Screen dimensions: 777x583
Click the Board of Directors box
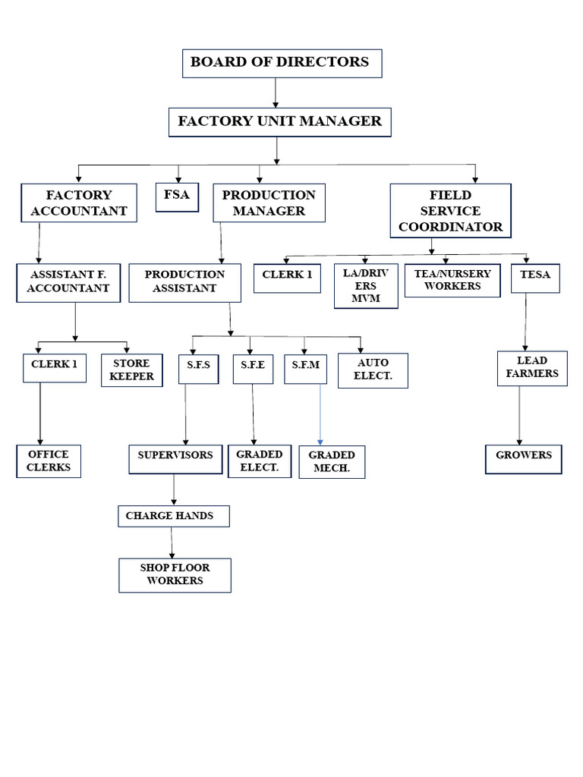pyautogui.click(x=282, y=63)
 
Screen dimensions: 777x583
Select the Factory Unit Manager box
pyautogui.click(x=279, y=121)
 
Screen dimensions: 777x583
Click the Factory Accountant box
pyautogui.click(x=79, y=203)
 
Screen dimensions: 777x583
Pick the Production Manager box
pyautogui.click(x=269, y=203)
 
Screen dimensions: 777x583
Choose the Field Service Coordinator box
pyautogui.click(x=450, y=211)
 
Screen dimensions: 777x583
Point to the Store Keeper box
pyautogui.click(x=131, y=370)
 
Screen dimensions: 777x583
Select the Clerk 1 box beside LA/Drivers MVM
pyautogui.click(x=287, y=277)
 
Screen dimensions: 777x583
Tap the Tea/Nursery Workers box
pyautogui.click(x=452, y=280)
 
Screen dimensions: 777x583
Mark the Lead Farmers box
pyautogui.click(x=531, y=368)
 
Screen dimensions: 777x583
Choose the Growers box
pyautogui.click(x=524, y=459)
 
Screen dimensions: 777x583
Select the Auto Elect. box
pyautogui.click(x=373, y=370)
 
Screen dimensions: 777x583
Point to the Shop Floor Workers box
pyautogui.click(x=175, y=574)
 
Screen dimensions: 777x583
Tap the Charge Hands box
pyautogui.click(x=173, y=516)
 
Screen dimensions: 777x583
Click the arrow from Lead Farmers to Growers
pyautogui.click(x=519, y=416)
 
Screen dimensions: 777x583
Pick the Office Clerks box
pyautogui.click(x=49, y=461)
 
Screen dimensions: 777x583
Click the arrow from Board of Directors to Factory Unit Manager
pyautogui.click(x=276, y=93)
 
